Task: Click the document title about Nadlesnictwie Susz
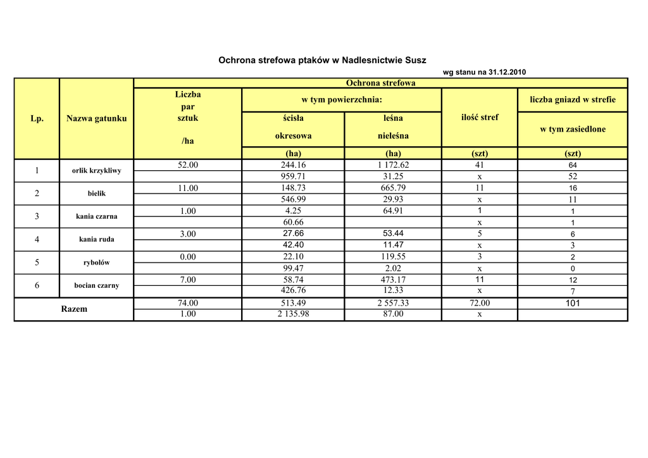click(322, 61)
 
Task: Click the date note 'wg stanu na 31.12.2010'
click(484, 72)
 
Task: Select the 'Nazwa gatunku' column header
click(96, 118)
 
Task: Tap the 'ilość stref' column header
click(480, 117)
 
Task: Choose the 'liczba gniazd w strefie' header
click(573, 100)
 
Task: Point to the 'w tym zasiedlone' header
click(573, 129)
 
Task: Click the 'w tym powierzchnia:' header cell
click(342, 100)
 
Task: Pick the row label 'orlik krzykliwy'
click(97, 171)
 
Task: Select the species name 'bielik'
click(97, 194)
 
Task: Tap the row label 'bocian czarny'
click(97, 285)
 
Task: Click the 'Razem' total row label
click(74, 309)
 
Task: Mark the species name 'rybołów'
click(97, 263)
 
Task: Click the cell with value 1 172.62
click(393, 165)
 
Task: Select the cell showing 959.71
click(293, 176)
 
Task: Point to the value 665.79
click(393, 188)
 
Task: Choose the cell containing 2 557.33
click(393, 303)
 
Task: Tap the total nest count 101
click(573, 303)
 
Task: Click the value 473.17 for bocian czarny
click(393, 280)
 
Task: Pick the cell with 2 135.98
click(293, 314)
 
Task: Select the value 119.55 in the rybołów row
click(393, 257)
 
